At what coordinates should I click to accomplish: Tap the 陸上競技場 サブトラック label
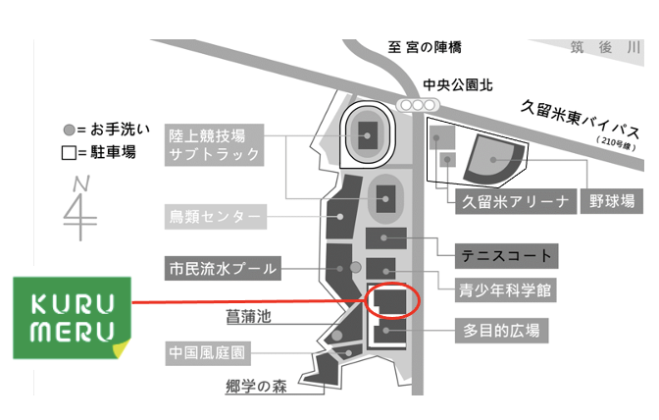pos(213,144)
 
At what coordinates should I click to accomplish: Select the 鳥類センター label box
pos(215,215)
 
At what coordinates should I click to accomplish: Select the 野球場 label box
pos(611,202)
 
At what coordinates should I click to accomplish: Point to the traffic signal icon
pos(419,105)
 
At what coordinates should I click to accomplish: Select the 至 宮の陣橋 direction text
pos(431,47)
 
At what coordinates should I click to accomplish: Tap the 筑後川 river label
pos(607,47)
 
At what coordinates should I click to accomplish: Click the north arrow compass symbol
pos(80,206)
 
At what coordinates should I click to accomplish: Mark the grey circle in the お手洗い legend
pos(68,131)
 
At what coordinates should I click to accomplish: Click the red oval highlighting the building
pos(390,299)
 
